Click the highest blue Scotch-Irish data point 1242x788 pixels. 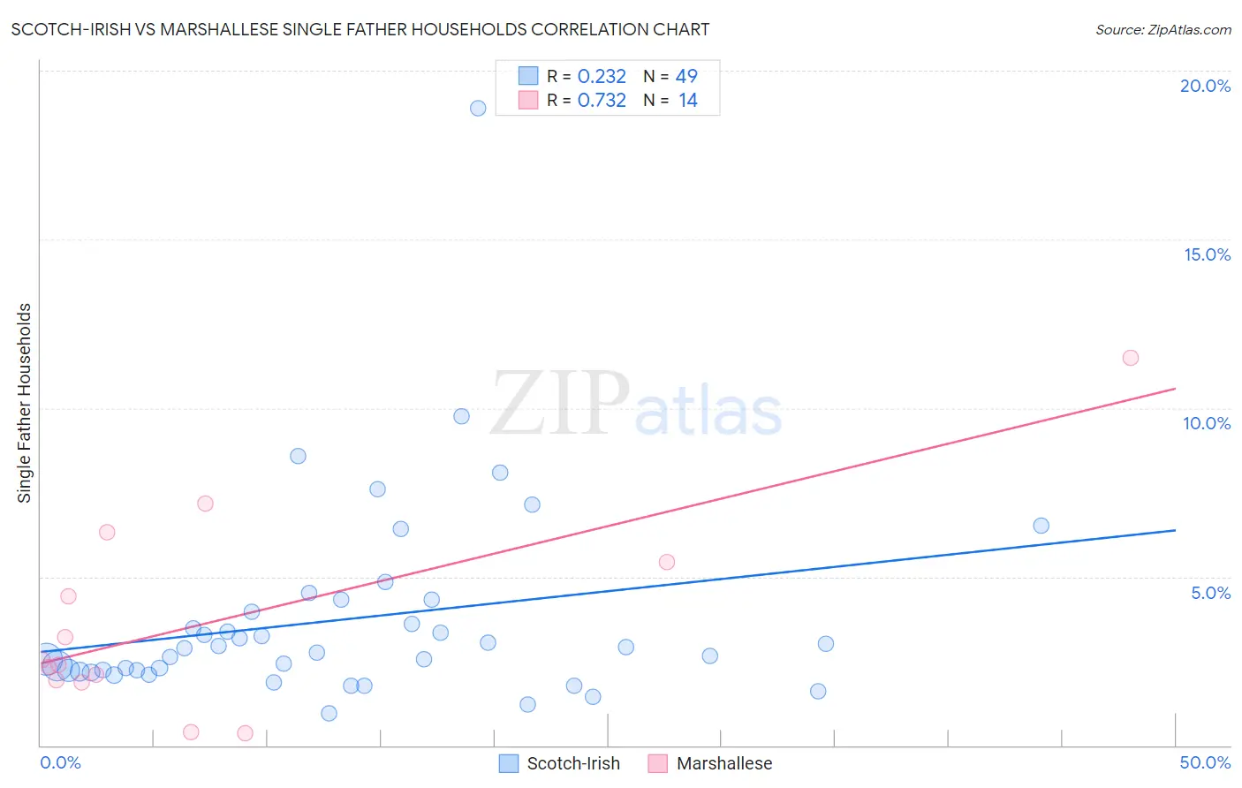tap(478, 109)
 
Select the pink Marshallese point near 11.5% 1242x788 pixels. tap(1131, 358)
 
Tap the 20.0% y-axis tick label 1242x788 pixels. tap(1205, 86)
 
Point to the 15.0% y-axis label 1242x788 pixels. tap(1207, 254)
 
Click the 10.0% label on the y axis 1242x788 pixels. tap(1207, 423)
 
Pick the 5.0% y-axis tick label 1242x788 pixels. tap(1210, 593)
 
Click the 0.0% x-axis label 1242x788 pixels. tap(61, 762)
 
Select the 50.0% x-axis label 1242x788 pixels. tap(1205, 762)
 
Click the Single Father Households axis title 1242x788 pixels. tap(25, 403)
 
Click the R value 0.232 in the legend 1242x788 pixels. tap(602, 77)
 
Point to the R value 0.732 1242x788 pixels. tap(602, 101)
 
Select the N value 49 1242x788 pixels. tap(686, 77)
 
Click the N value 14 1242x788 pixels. tap(687, 101)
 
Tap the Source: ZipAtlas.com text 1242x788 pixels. tap(1162, 30)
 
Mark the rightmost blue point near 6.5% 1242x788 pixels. tap(1041, 526)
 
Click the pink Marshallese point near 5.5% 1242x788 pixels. tap(667, 562)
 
